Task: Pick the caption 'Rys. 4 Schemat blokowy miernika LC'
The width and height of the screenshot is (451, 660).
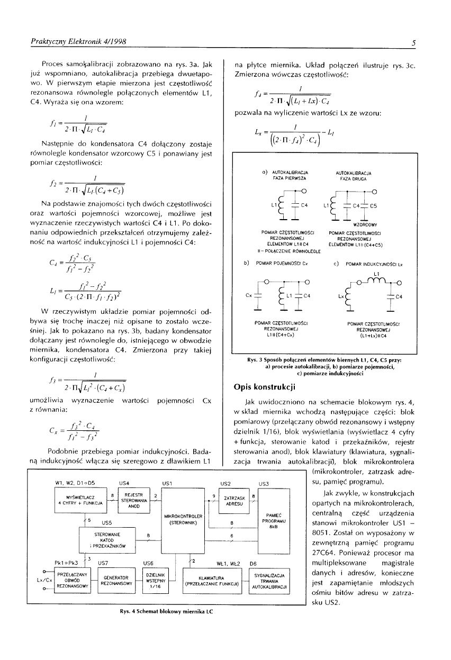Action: pyautogui.click(x=166, y=611)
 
